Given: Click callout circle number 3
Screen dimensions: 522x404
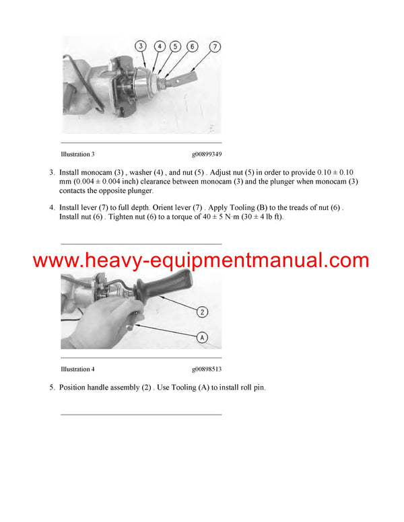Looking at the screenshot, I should pos(140,46).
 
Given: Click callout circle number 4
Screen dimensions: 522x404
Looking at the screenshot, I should pos(160,46).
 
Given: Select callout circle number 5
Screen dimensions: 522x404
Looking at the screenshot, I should pos(175,46).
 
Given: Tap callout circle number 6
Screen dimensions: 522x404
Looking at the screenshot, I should pos(193,46).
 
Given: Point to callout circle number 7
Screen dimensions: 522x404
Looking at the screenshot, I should pos(214,46).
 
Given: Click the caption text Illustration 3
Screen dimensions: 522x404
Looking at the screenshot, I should pos(78,154).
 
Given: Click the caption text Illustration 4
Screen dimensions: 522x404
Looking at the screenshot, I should pos(78,369).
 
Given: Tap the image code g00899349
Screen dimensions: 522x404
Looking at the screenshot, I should pos(207,154).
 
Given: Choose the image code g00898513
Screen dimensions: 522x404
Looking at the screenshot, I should pos(207,369).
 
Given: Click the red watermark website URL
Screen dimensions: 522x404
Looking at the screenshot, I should pos(201,260).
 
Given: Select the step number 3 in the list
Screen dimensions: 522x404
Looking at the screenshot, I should pos(52,173).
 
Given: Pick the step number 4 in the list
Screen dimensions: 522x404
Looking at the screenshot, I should pos(52,208).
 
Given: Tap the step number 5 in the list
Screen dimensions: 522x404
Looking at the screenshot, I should pos(52,388).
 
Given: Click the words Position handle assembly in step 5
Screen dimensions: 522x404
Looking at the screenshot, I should pos(98,388).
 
